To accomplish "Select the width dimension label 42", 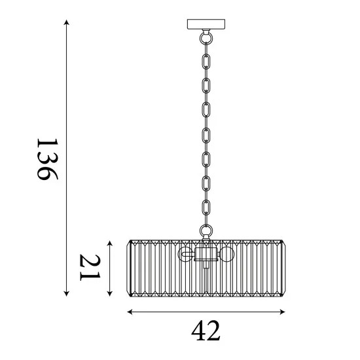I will [206, 332].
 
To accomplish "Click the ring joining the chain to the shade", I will [206, 230].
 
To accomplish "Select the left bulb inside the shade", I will [187, 254].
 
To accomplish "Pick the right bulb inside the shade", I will [226, 254].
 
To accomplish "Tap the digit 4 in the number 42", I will [198, 332].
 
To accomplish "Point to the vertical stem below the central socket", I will [206, 278].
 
